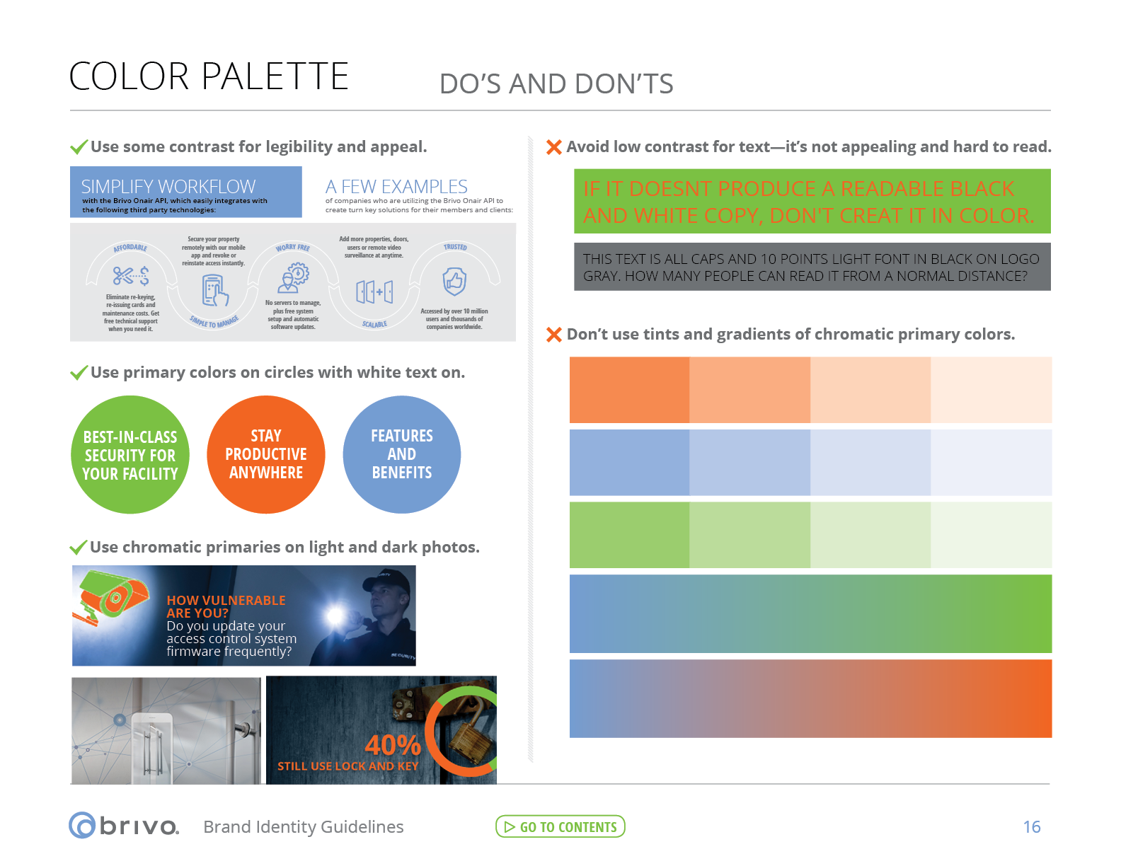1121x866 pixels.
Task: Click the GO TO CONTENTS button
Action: click(x=560, y=826)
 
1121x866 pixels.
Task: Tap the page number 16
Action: click(x=1031, y=826)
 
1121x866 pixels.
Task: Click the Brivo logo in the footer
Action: click(x=124, y=826)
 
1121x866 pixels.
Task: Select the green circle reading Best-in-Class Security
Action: click(x=130, y=455)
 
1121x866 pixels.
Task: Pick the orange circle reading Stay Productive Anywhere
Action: click(x=266, y=454)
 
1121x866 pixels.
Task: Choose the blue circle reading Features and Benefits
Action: click(x=402, y=454)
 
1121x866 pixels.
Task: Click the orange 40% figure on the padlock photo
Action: click(x=393, y=745)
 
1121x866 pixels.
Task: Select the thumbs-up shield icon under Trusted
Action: click(x=454, y=282)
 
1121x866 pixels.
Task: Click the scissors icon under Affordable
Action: click(x=123, y=275)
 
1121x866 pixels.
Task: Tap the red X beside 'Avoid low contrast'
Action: click(x=553, y=147)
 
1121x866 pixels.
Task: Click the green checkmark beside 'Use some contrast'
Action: click(x=79, y=147)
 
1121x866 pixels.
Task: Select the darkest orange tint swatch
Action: click(x=629, y=390)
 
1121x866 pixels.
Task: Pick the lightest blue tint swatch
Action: click(x=991, y=463)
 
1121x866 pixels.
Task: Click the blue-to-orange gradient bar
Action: click(x=810, y=698)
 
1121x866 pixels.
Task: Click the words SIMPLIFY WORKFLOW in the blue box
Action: click(x=168, y=187)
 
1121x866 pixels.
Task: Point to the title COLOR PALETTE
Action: click(x=209, y=76)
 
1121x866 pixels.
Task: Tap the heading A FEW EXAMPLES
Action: click(x=396, y=187)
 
